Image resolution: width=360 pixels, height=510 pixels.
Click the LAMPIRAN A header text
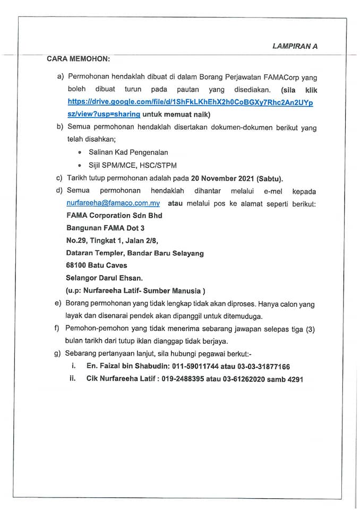295,46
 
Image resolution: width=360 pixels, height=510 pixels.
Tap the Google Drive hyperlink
190,103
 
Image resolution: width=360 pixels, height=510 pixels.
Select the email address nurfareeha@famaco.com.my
113,203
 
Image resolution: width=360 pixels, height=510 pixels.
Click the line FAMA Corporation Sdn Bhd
114,216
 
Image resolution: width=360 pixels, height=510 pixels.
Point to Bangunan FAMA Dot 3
105,228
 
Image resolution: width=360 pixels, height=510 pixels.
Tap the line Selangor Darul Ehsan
105,278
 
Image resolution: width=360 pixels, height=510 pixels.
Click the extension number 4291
293,379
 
